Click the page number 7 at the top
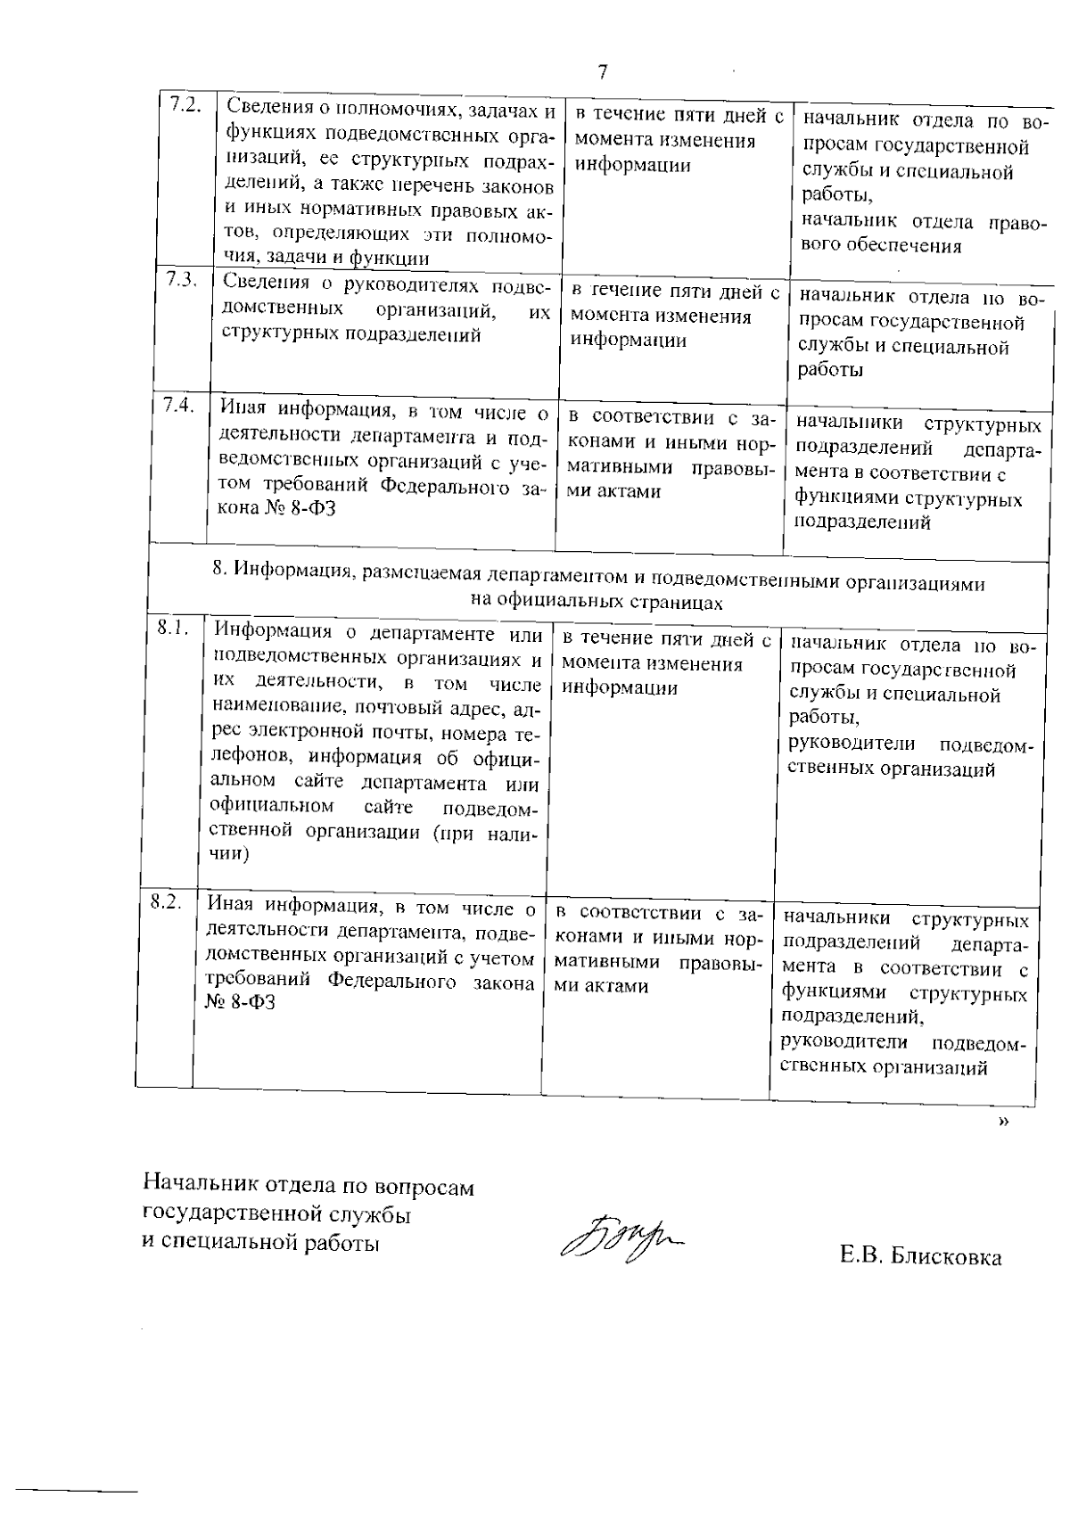603,72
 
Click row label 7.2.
184,103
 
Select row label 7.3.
182,278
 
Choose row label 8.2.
166,901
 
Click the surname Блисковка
946,1257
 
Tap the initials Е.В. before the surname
860,1257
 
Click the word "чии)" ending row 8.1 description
228,853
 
